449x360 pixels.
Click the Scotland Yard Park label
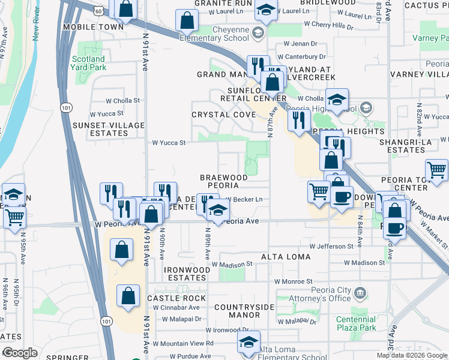pos(88,64)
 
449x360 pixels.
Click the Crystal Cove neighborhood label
pos(219,114)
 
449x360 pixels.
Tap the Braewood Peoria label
pos(223,182)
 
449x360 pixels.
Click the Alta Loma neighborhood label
pos(286,257)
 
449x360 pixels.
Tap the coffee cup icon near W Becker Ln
pos(342,197)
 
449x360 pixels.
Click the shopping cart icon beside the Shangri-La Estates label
pos(436,170)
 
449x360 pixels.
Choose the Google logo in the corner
pos(20,353)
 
